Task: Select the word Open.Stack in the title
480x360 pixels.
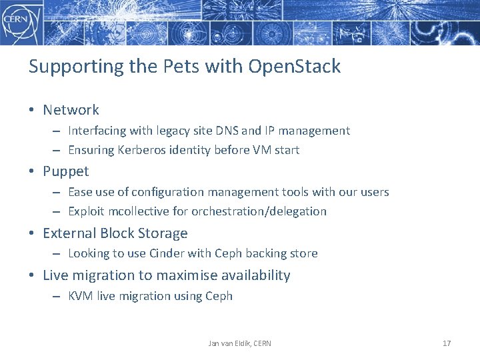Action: [295, 67]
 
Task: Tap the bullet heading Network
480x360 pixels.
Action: [71, 110]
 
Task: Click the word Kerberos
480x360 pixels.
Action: [140, 150]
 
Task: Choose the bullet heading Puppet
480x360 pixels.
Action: [65, 171]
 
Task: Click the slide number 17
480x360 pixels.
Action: [447, 343]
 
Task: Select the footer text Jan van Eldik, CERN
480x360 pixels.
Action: [239, 343]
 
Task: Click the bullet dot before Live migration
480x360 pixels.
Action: [32, 275]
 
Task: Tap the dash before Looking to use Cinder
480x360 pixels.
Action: [57, 253]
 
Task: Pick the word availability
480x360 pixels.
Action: [256, 275]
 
